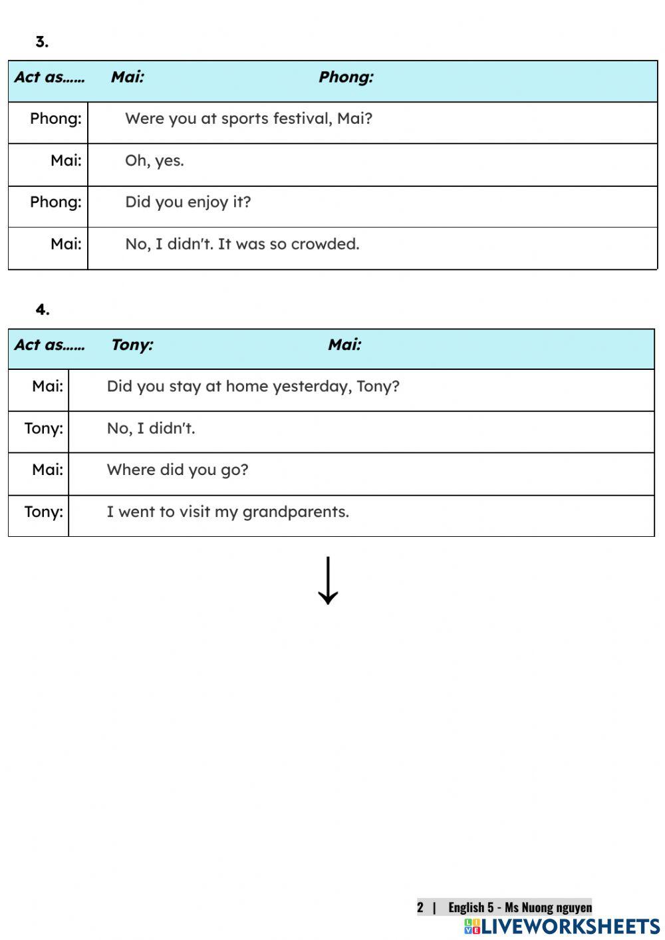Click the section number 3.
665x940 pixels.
pyautogui.click(x=41, y=41)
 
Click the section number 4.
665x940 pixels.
pyautogui.click(x=42, y=309)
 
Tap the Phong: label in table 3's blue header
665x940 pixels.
pyautogui.click(x=346, y=77)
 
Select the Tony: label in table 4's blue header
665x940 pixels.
pyautogui.click(x=132, y=345)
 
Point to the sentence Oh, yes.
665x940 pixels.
pyautogui.click(x=154, y=160)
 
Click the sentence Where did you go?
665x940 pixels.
pyautogui.click(x=177, y=470)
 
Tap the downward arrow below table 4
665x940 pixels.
pyautogui.click(x=328, y=581)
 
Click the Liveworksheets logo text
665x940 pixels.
pyautogui.click(x=570, y=927)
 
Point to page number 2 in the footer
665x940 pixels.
pyautogui.click(x=420, y=907)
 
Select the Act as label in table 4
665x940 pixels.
pyautogui.click(x=49, y=345)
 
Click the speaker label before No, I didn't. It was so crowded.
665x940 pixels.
pyautogui.click(x=65, y=244)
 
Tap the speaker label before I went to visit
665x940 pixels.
pyautogui.click(x=43, y=512)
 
